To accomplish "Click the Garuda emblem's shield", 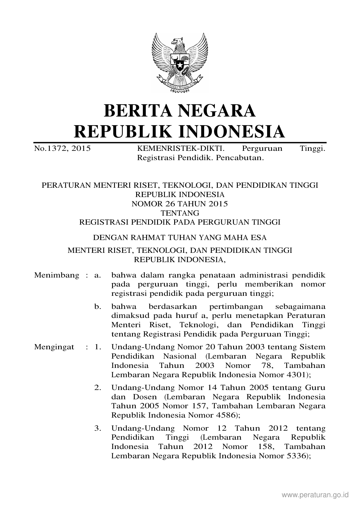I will pyautogui.click(x=180, y=62).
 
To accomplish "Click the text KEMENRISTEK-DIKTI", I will pyautogui.click(x=180, y=149).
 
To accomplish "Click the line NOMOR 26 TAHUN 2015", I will pyautogui.click(x=180, y=204).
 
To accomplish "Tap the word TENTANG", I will pyautogui.click(x=180, y=213).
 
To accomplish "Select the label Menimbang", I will pyautogui.click(x=57, y=275).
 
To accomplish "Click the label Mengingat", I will pyautogui.click(x=54, y=347).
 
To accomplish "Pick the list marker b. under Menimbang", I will pyautogui.click(x=98, y=307).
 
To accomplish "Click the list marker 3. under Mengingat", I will pyautogui.click(x=98, y=428).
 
